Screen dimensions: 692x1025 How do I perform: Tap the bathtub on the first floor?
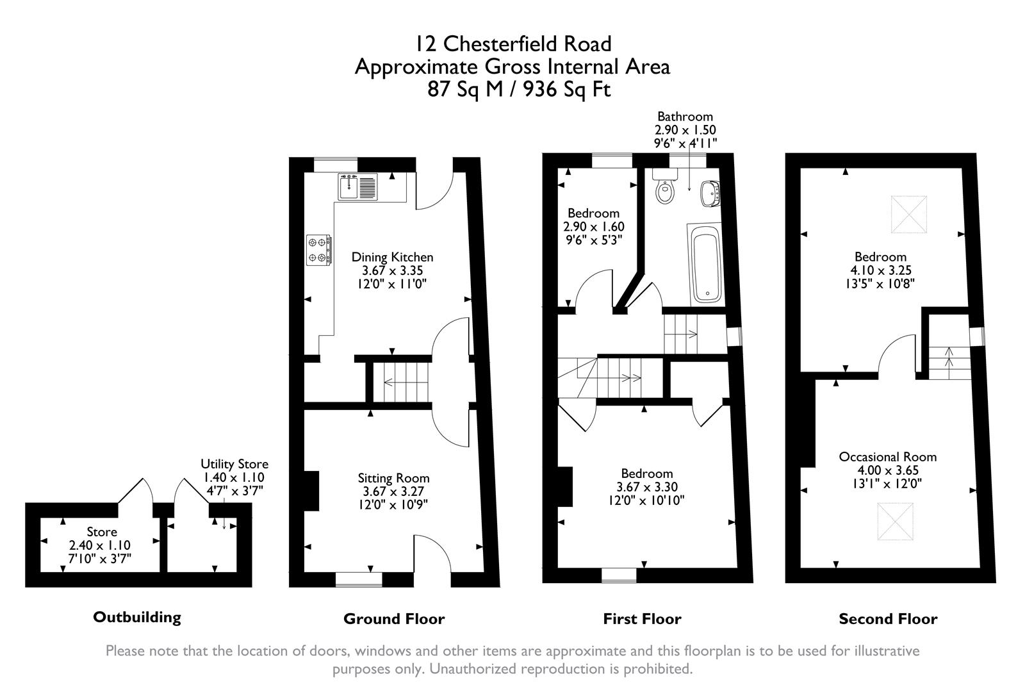(705, 264)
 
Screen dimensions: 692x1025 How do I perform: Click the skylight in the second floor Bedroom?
(909, 214)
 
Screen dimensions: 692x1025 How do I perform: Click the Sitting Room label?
(393, 478)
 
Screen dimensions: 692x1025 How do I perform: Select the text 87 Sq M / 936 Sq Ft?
(519, 90)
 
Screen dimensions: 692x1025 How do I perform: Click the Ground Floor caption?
(394, 619)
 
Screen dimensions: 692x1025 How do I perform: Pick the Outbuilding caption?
(137, 617)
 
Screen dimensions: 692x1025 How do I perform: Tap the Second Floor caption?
(888, 619)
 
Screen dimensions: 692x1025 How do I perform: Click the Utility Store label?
(234, 464)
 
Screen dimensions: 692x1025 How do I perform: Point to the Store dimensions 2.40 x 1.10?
(99, 545)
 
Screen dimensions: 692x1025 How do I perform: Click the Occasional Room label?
(888, 457)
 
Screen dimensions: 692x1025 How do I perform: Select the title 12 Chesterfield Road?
(512, 44)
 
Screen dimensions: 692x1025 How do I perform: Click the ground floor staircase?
(402, 383)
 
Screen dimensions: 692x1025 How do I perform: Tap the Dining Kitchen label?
(392, 257)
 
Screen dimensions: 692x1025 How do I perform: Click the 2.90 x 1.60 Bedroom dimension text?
(593, 227)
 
